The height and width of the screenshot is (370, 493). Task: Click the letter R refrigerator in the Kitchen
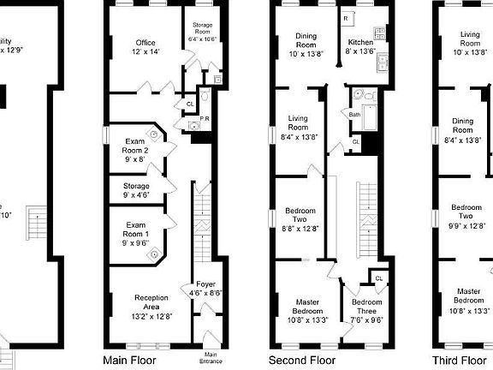(x=345, y=18)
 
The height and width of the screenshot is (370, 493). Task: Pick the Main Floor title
(x=129, y=361)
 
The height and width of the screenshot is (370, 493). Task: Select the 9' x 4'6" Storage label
(x=135, y=190)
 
